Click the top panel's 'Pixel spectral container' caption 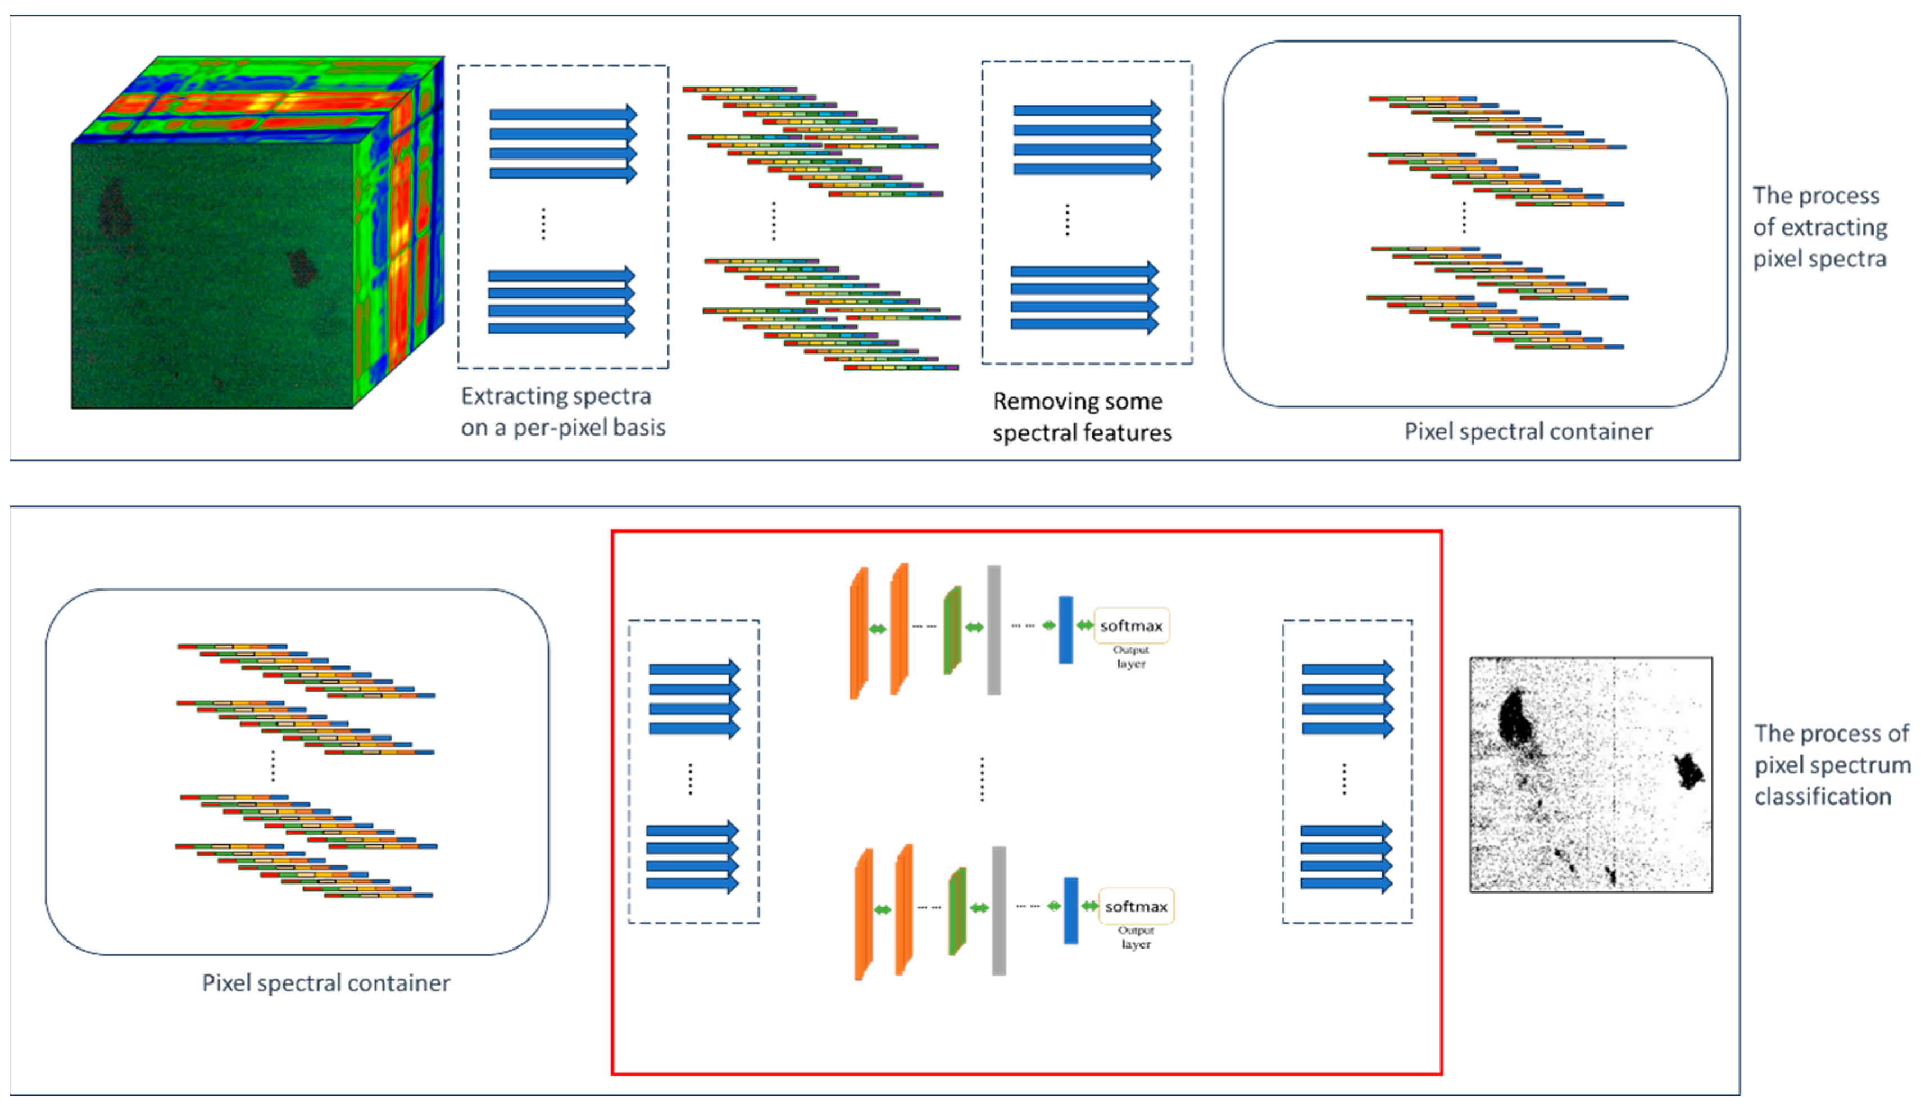click(x=1528, y=432)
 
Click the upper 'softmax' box click(x=1131, y=626)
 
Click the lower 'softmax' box click(x=1136, y=906)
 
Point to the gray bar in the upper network click(x=993, y=630)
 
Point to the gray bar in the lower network click(x=998, y=910)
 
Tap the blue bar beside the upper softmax click(x=1066, y=630)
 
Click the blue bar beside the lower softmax click(x=1070, y=910)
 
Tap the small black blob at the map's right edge click(x=1688, y=771)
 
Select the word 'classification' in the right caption click(x=1823, y=797)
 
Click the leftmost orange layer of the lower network click(x=864, y=914)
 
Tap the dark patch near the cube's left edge click(x=115, y=207)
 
